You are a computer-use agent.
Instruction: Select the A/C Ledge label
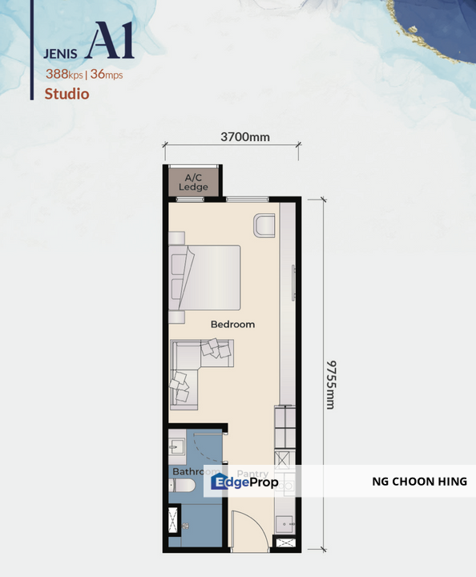click(193, 182)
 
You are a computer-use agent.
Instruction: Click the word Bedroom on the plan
click(232, 325)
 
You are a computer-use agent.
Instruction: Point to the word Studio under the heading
click(67, 94)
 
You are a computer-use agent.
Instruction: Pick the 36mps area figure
click(107, 75)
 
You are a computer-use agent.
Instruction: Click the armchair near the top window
click(265, 225)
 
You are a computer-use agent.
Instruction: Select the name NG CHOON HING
click(419, 482)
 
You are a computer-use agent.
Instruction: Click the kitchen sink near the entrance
click(284, 522)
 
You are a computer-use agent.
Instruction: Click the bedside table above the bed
click(176, 238)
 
